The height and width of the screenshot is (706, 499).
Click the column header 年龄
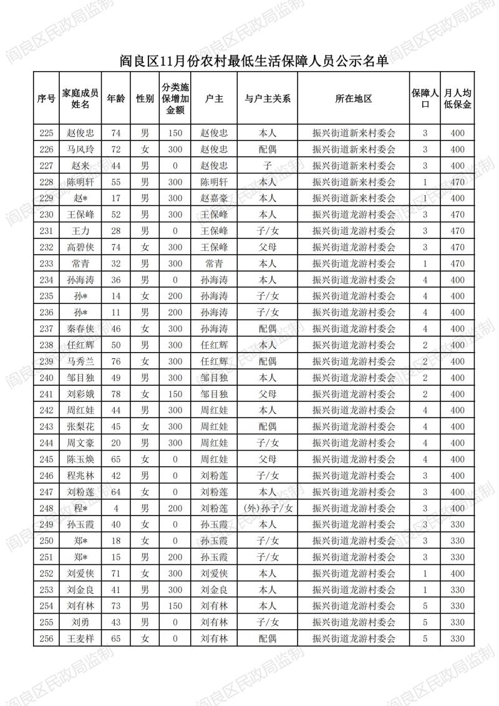(115, 99)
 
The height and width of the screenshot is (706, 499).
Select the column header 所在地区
(354, 99)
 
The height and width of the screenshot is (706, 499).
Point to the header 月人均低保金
(458, 99)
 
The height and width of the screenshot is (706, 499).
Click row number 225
(47, 133)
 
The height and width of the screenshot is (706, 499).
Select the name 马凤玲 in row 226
(80, 149)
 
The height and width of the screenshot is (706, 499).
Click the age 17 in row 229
(115, 198)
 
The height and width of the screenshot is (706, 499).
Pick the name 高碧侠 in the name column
(80, 247)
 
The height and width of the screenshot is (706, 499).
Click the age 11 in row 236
(115, 312)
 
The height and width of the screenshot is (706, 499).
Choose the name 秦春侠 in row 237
(80, 328)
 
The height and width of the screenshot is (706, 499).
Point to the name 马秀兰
(80, 361)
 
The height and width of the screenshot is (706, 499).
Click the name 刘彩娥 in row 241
(80, 394)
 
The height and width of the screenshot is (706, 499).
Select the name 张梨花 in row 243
(80, 426)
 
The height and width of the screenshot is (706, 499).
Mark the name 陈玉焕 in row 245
(80, 459)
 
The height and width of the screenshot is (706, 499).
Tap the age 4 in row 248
(115, 508)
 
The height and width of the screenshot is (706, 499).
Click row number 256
(47, 638)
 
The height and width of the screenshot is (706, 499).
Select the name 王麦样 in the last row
(80, 638)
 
